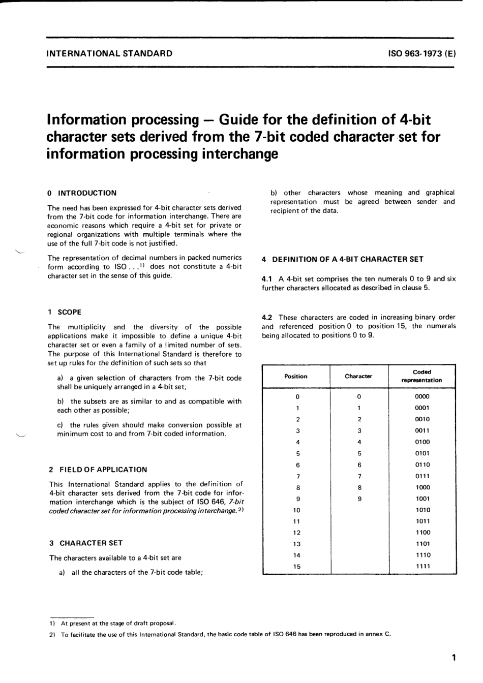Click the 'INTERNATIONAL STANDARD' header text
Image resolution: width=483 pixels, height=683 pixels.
point(109,53)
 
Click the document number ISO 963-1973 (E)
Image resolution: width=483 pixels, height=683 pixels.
point(421,53)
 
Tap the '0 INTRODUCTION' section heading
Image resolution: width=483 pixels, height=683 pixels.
point(82,193)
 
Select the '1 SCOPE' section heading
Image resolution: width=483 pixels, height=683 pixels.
point(65,312)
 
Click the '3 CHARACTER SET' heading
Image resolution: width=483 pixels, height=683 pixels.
point(86,543)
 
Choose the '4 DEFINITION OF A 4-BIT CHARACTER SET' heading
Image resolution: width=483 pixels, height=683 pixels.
point(343,259)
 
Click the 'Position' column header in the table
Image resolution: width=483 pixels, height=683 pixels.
point(296,377)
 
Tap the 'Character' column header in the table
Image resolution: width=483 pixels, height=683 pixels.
point(358,377)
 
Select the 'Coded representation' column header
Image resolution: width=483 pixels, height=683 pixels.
point(422,376)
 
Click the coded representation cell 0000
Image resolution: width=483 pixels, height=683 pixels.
point(422,396)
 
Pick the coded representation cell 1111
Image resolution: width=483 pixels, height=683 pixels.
point(422,566)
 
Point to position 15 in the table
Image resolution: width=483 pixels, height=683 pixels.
point(297,566)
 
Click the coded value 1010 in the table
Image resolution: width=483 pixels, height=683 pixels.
point(422,510)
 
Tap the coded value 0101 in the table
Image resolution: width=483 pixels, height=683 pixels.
point(422,453)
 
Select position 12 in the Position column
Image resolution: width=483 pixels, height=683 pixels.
point(297,533)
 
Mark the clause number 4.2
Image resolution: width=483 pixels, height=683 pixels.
point(267,318)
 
